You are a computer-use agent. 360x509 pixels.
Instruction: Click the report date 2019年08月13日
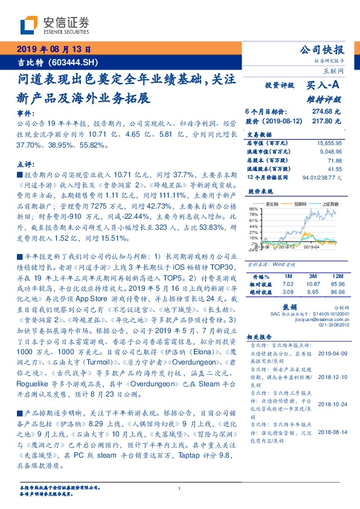54,50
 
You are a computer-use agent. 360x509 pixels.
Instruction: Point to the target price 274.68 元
327,112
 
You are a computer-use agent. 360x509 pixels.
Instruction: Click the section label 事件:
22,113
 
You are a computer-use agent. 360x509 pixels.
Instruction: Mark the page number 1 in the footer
179,489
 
